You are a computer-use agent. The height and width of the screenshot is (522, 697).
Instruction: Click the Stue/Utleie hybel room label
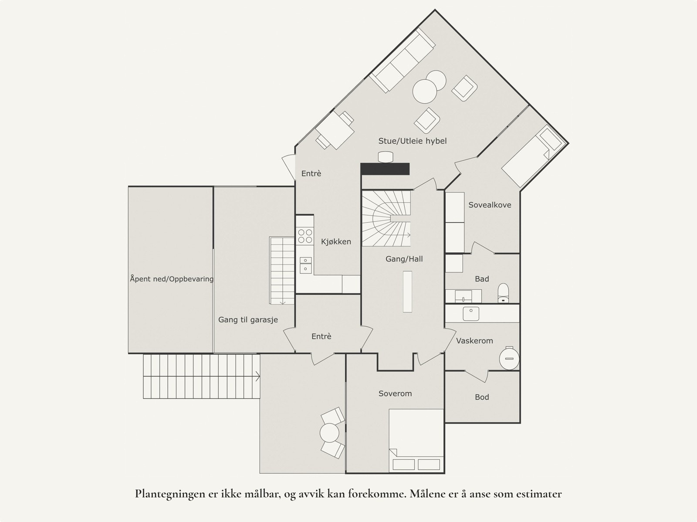pyautogui.click(x=412, y=141)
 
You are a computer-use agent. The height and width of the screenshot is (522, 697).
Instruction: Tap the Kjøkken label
pyautogui.click(x=336, y=241)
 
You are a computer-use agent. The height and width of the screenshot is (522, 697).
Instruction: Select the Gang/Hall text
pyautogui.click(x=404, y=259)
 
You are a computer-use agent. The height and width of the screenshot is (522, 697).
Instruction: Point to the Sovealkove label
pyautogui.click(x=490, y=205)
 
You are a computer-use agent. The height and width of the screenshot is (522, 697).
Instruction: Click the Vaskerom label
pyautogui.click(x=474, y=341)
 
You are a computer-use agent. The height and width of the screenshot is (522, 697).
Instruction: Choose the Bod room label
pyautogui.click(x=482, y=397)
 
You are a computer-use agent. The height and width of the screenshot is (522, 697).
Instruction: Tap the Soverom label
pyautogui.click(x=395, y=393)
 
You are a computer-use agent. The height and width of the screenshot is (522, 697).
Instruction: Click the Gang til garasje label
pyautogui.click(x=248, y=320)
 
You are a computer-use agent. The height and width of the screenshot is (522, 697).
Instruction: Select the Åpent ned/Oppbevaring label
pyautogui.click(x=171, y=279)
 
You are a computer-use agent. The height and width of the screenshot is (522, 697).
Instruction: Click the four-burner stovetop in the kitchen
pyautogui.click(x=305, y=236)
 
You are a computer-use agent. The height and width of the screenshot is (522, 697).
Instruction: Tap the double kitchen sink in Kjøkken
pyautogui.click(x=305, y=264)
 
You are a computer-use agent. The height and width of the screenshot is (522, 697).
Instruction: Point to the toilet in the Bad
pyautogui.click(x=503, y=293)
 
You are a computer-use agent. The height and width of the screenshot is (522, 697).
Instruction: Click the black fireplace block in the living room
pyautogui.click(x=385, y=169)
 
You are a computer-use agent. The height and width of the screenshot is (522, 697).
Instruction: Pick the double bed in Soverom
pyautogui.click(x=416, y=440)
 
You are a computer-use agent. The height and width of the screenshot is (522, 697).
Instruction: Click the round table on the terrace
pyautogui.click(x=329, y=433)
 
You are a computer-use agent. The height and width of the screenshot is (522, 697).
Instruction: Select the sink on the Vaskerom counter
pyautogui.click(x=470, y=313)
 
